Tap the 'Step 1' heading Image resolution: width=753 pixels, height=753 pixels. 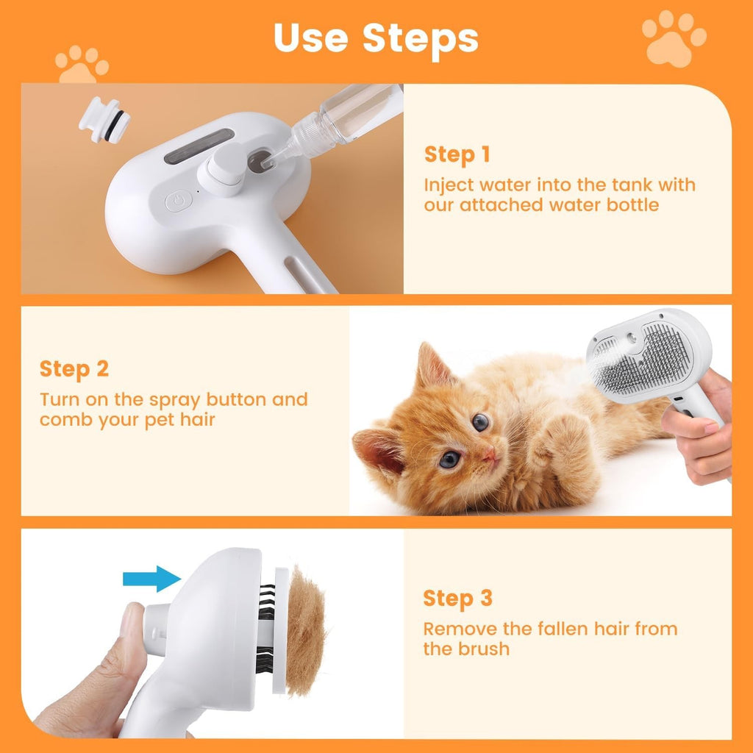pyautogui.click(x=457, y=154)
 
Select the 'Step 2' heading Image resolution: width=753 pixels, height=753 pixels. pyautogui.click(x=74, y=369)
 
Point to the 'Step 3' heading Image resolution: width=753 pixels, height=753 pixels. pyautogui.click(x=457, y=599)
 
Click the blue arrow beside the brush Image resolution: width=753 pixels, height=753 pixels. pyautogui.click(x=151, y=578)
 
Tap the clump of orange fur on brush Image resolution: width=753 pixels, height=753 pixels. pyautogui.click(x=305, y=631)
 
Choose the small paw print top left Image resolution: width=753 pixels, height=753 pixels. pyautogui.click(x=82, y=64)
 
